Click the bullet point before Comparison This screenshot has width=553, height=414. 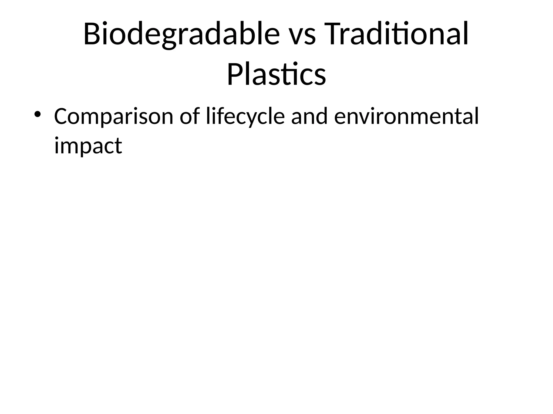(37, 114)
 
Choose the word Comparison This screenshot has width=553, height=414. (113, 117)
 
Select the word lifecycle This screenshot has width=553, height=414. (245, 117)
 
